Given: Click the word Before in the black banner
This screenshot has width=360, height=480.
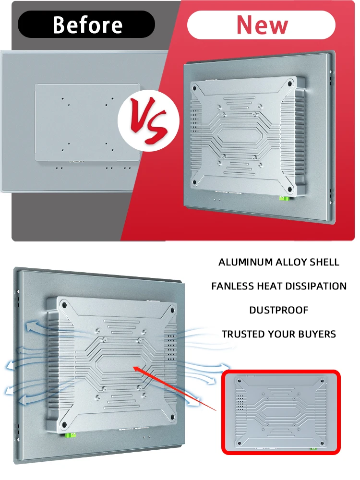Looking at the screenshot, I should click(87, 24).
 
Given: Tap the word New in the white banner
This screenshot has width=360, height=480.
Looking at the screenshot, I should click(262, 25).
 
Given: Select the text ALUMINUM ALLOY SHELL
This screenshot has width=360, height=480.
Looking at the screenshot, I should click(278, 263).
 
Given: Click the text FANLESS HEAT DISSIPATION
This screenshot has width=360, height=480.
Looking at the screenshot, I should click(278, 286).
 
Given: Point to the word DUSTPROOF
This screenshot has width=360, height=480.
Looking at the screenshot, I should click(278, 311).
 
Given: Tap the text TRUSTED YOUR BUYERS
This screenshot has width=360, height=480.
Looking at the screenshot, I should click(278, 334).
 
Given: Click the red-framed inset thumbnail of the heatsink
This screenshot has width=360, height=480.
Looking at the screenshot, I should click(281, 412).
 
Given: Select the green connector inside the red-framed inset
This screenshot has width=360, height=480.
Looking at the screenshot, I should click(313, 448).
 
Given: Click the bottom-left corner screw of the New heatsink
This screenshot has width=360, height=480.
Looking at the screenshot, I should click(195, 184).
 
